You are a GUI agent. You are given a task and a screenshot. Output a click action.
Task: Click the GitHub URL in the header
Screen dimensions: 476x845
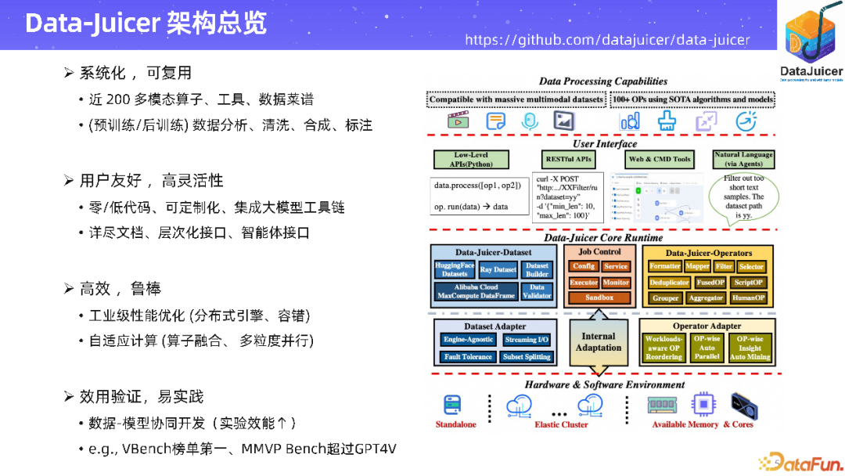click(x=607, y=40)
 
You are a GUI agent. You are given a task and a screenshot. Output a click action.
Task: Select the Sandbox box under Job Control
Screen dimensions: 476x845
click(x=599, y=297)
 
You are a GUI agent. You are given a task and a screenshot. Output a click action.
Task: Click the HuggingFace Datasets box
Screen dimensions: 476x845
click(x=455, y=270)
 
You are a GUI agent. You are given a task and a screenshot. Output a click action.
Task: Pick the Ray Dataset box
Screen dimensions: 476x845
click(x=498, y=270)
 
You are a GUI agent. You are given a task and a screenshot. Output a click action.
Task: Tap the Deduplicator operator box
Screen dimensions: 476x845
click(x=669, y=283)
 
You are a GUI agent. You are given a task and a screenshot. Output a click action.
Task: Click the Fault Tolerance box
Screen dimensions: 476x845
click(x=468, y=357)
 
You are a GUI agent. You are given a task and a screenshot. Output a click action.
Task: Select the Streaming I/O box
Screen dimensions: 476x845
click(x=527, y=340)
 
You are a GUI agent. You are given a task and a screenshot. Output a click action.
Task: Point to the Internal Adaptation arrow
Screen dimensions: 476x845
click(x=599, y=342)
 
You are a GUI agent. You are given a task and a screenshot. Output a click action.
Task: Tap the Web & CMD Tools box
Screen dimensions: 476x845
click(x=660, y=159)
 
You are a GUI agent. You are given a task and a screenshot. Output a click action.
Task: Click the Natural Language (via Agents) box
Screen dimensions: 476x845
click(x=743, y=159)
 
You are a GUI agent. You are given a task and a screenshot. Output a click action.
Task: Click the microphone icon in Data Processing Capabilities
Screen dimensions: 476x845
click(x=530, y=121)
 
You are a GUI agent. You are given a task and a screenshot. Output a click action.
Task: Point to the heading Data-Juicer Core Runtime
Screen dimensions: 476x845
click(x=602, y=237)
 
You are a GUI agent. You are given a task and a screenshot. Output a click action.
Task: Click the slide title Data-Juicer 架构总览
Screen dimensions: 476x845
click(x=146, y=23)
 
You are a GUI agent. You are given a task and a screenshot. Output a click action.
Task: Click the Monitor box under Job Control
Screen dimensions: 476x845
click(x=616, y=283)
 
